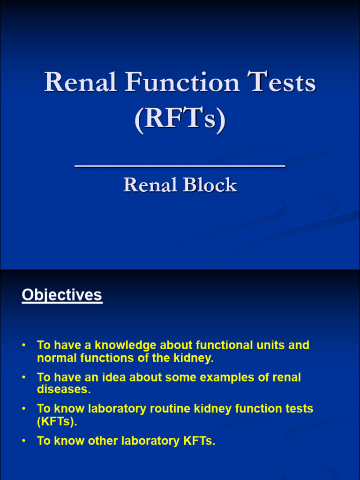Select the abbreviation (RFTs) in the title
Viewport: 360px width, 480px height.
[x=180, y=119]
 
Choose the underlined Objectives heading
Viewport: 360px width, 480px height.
[x=62, y=295]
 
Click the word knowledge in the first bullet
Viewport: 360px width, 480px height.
[x=126, y=345]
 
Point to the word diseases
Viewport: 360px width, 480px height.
[x=62, y=390]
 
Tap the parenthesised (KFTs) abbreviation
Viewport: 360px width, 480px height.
[x=56, y=421]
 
